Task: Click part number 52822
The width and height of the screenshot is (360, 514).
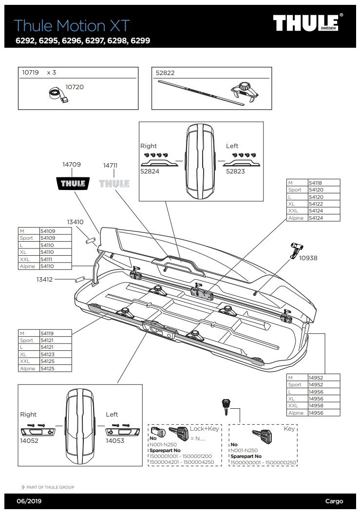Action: coord(165,73)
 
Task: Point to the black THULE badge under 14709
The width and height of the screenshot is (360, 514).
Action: coord(72,184)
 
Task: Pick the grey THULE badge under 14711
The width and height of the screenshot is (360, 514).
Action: coord(114,184)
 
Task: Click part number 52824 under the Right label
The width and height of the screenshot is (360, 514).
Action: coord(150,171)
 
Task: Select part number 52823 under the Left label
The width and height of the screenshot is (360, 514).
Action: coord(235,171)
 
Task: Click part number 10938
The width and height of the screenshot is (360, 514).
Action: coord(308,258)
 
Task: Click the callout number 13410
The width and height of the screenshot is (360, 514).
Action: coord(76,222)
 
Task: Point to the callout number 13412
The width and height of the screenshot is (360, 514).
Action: coord(44,279)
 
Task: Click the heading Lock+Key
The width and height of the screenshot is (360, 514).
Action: coord(205,428)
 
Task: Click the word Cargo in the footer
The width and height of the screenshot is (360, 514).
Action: coord(334,501)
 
